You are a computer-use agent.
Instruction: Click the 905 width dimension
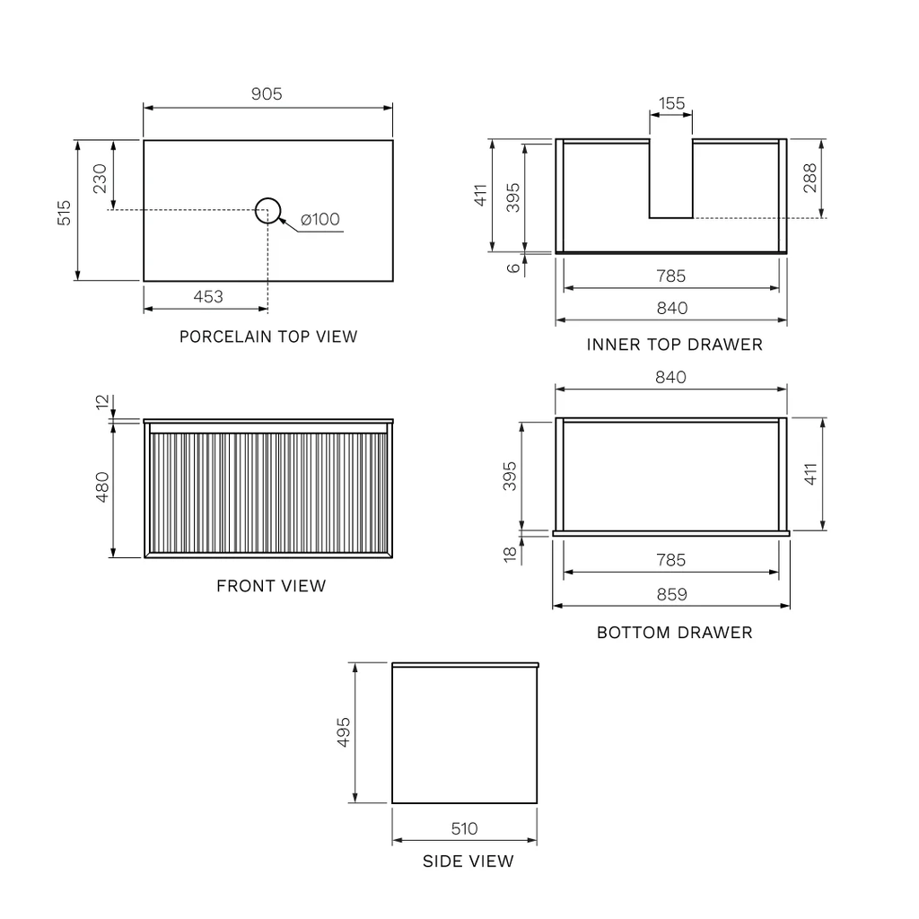(x=267, y=93)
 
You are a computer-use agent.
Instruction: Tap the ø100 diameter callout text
(x=320, y=219)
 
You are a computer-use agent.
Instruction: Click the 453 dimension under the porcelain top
(x=208, y=296)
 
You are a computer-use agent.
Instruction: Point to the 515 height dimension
(x=64, y=213)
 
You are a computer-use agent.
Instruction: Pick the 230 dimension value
(x=101, y=179)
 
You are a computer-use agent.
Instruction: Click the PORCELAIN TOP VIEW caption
(x=268, y=337)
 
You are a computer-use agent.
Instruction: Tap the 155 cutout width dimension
(x=671, y=103)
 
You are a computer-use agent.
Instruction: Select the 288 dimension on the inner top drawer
(x=810, y=179)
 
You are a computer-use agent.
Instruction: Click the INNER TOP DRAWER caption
(x=675, y=345)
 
